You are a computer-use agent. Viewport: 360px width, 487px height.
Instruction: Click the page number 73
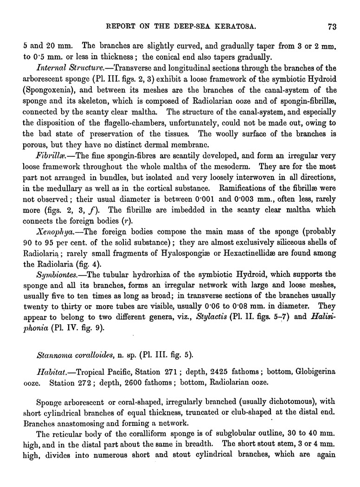coord(331,26)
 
